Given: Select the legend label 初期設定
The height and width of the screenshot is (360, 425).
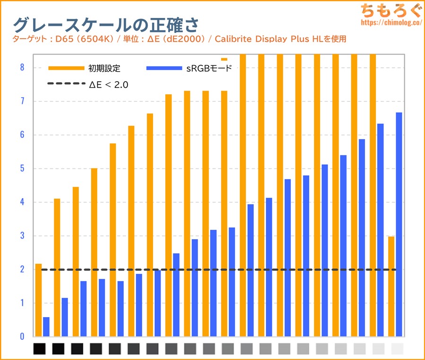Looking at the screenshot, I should (x=104, y=68).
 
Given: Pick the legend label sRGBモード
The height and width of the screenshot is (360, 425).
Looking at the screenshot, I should (x=209, y=68).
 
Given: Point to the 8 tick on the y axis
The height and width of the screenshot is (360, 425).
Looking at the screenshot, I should (x=22, y=67).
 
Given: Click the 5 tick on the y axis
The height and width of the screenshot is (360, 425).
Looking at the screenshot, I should (x=22, y=168).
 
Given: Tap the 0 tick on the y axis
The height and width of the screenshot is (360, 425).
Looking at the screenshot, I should (x=22, y=337).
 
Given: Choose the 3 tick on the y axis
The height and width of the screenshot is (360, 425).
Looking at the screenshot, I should (x=22, y=236).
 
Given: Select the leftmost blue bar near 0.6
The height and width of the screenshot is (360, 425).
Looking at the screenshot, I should (x=46, y=327).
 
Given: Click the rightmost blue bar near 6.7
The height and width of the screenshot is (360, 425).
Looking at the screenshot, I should (x=399, y=225).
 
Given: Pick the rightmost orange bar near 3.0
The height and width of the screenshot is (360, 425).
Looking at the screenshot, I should (x=391, y=286).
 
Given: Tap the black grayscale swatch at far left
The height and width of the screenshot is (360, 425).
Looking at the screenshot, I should (x=40, y=349).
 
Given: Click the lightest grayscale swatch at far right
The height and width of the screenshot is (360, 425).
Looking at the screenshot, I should (x=398, y=349).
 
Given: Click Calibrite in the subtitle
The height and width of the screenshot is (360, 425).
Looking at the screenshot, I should (x=232, y=39).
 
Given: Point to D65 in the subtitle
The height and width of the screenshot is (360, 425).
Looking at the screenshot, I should (x=64, y=39).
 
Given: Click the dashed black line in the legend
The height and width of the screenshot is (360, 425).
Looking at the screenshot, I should (x=66, y=84).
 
